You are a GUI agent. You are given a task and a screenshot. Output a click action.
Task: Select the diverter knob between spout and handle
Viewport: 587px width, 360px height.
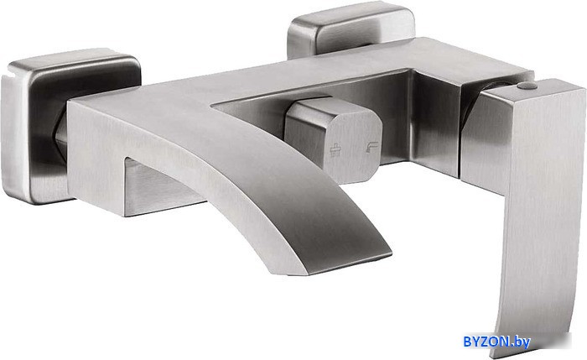pyautogui.click(x=333, y=139)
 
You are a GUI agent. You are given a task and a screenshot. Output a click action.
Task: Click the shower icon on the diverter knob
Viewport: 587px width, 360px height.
pyautogui.click(x=335, y=149)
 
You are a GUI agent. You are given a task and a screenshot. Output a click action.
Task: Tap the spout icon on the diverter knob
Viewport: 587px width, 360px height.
pyautogui.click(x=371, y=147)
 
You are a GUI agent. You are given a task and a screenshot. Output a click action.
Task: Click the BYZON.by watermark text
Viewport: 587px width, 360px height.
pyautogui.click(x=496, y=342)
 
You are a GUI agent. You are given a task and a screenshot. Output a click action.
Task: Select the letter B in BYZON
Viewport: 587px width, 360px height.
pyautogui.click(x=468, y=342)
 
